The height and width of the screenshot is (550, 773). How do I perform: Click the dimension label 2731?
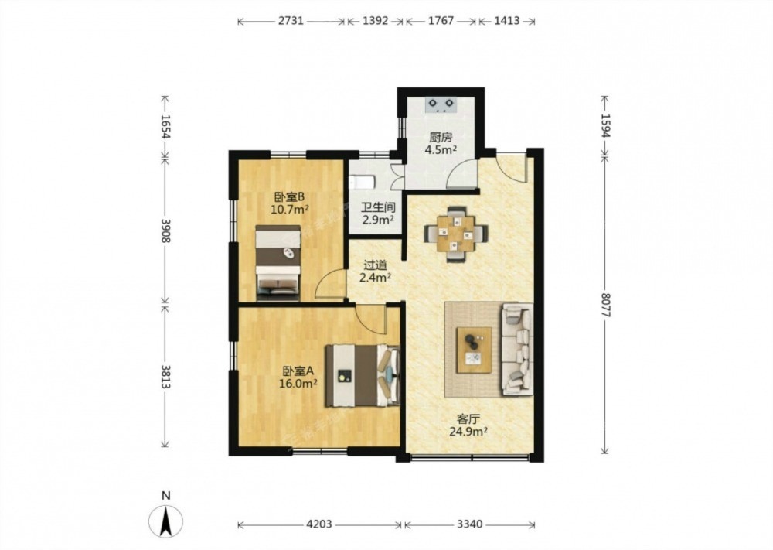291,21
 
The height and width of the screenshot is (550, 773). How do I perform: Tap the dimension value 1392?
376,21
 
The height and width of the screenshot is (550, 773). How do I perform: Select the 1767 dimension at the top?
441,21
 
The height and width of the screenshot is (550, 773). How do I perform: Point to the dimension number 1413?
506,21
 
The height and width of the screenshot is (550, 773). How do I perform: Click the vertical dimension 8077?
606,305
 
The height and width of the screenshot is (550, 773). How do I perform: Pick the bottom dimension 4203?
319,524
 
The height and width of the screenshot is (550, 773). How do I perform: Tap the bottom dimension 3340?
469,524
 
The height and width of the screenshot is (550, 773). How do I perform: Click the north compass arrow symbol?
166,521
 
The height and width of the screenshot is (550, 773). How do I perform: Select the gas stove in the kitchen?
441,105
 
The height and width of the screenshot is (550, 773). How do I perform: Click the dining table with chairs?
457,234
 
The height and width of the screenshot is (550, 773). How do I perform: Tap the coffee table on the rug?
474,350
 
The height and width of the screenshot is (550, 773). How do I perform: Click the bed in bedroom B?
278,263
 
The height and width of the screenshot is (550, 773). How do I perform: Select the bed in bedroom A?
363,375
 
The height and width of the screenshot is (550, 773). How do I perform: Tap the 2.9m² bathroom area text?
378,220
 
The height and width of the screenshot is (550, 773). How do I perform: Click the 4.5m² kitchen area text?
441,150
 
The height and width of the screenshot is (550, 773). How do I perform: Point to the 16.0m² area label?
298,383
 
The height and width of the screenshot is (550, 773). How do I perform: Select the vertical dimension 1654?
165,128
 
